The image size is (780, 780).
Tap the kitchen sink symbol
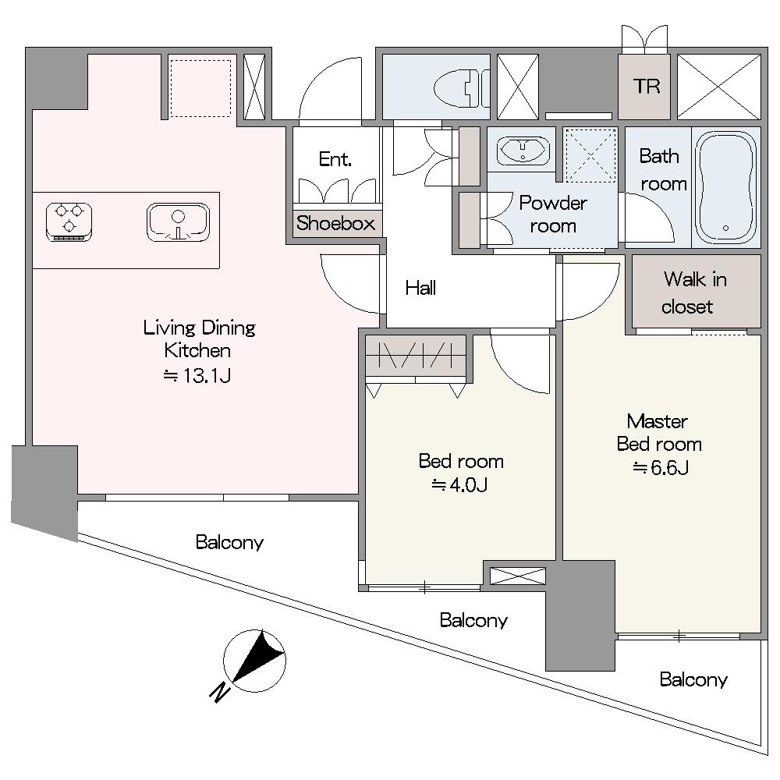[179, 222]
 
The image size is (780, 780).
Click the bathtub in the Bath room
[725, 187]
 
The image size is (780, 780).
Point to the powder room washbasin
[522, 149]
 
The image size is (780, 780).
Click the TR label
[646, 86]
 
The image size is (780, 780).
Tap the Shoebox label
[335, 223]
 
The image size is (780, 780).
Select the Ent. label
[335, 160]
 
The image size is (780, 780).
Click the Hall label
[420, 289]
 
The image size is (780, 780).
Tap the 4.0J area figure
[460, 485]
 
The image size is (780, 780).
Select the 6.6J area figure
[660, 468]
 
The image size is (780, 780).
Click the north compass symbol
[254, 658]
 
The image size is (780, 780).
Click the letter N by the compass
[220, 691]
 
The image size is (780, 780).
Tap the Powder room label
[552, 214]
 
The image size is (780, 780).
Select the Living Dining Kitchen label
[199, 339]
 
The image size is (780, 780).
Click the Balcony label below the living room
[229, 542]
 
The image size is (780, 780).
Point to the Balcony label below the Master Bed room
[693, 680]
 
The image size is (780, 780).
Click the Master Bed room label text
[659, 433]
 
